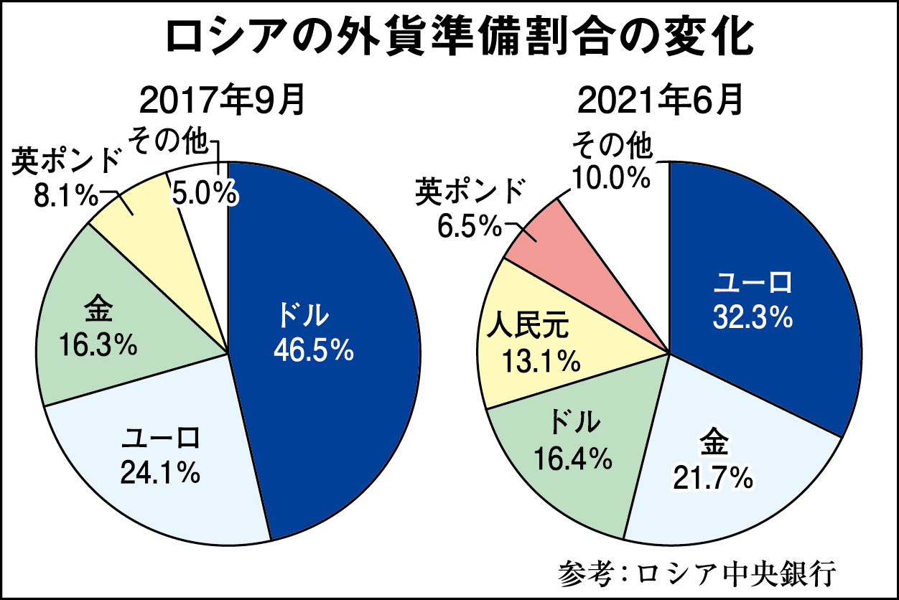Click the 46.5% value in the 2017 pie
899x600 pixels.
[314, 350]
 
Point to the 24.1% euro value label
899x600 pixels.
[160, 472]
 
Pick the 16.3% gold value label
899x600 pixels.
[98, 345]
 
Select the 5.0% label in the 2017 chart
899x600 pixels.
[203, 193]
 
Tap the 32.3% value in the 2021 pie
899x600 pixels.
[753, 317]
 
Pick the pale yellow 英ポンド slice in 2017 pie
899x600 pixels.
[144, 215]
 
